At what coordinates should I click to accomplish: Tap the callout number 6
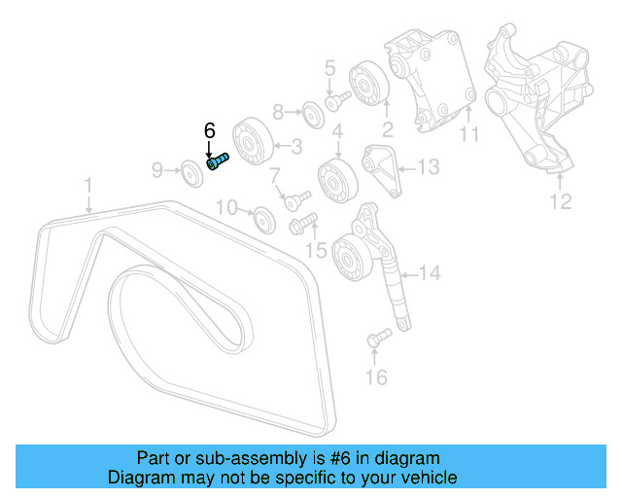[x=208, y=130]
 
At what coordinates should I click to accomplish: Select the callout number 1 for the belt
[x=87, y=184]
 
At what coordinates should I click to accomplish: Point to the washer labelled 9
[x=191, y=174]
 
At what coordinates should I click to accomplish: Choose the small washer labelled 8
[x=311, y=112]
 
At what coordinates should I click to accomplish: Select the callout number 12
[x=562, y=202]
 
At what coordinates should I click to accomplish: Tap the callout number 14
[x=429, y=273]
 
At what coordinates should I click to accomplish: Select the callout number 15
[x=318, y=250]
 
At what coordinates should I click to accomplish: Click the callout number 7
[x=275, y=176]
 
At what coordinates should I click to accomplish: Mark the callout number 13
[x=429, y=166]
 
